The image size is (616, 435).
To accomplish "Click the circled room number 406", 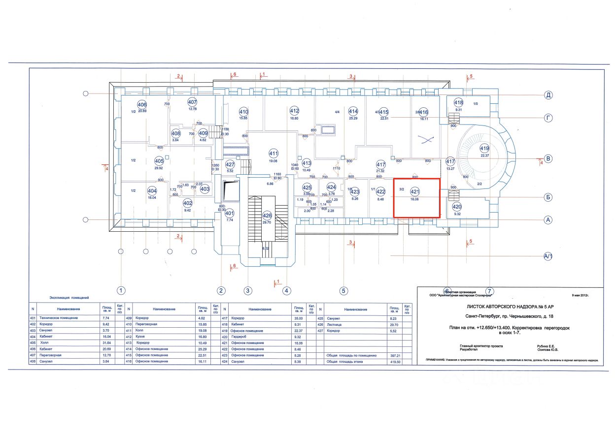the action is tap(142, 104).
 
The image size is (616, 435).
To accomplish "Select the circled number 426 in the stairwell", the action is tap(267, 216).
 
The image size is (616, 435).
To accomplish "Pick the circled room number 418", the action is tap(458, 102).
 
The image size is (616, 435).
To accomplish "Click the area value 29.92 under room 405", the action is tap(159, 168).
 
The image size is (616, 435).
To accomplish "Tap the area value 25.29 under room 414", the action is tap(353, 118).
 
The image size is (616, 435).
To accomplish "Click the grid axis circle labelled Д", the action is tap(548, 95).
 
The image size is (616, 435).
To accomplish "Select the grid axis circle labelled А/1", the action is tap(548, 256).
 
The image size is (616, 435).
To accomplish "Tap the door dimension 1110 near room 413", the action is tap(337, 168).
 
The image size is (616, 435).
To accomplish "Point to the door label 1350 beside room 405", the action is tap(215, 165).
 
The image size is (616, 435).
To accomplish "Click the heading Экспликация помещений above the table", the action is tap(69, 298).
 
